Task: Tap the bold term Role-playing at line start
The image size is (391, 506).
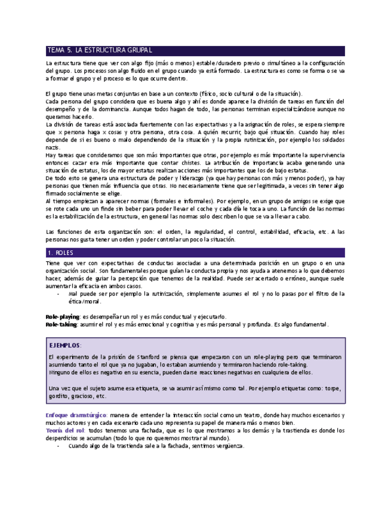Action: (63, 316)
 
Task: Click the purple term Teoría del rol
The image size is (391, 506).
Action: (66, 430)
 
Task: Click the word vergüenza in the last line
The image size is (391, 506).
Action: (232, 446)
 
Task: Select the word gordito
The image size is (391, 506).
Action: (58, 396)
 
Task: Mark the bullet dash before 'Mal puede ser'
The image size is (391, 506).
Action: (57, 294)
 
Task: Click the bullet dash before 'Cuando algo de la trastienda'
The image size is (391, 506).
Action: (57, 446)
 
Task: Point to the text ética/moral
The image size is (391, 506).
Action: (87, 302)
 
